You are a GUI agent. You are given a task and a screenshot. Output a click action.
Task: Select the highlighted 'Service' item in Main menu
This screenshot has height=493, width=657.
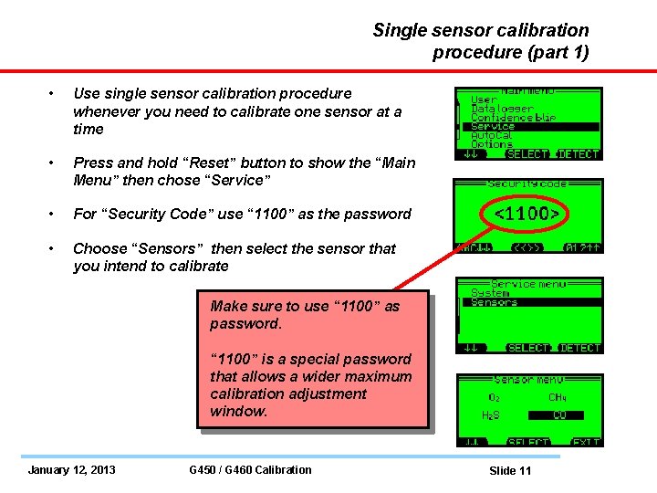493,127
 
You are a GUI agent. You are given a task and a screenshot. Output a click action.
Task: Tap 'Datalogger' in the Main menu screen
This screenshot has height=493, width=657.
502,109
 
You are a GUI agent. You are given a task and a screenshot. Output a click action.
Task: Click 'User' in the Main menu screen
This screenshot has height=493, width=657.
484,100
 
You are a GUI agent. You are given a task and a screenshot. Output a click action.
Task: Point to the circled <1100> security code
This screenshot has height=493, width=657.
527,215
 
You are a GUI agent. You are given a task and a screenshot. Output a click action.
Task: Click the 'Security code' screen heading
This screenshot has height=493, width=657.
528,184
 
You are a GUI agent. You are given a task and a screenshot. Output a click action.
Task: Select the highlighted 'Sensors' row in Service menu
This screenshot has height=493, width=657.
494,302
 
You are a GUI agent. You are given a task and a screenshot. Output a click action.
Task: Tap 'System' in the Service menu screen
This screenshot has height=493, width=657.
490,293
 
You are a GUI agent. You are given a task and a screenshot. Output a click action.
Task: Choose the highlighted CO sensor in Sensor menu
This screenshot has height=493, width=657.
559,414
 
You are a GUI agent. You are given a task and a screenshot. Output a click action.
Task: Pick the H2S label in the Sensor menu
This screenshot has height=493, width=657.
491,414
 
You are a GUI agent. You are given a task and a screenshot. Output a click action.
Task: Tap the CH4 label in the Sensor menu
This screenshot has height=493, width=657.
558,397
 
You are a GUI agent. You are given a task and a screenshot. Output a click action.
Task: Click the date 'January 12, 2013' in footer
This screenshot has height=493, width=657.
71,470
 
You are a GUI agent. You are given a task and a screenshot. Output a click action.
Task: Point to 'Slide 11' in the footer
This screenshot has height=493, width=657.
510,471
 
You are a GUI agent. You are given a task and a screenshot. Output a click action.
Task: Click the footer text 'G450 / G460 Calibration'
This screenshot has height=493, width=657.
249,470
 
